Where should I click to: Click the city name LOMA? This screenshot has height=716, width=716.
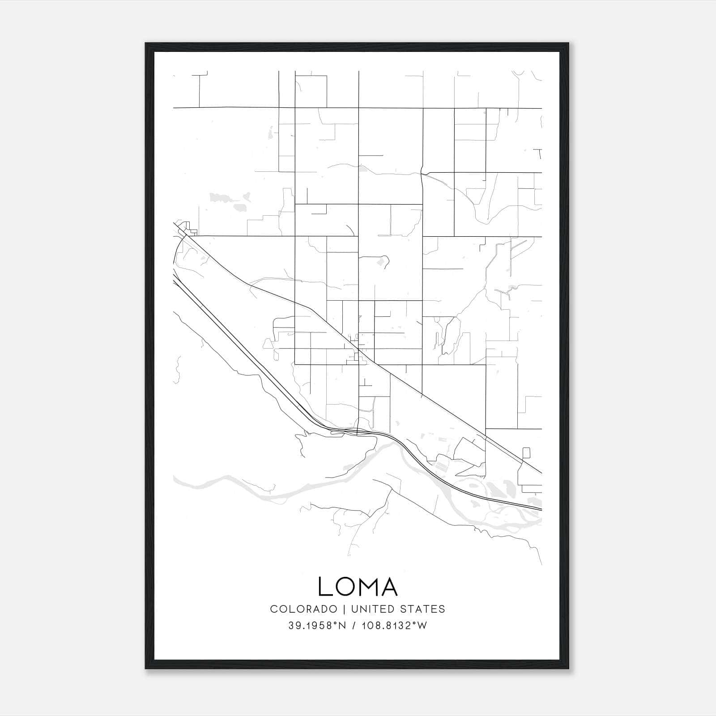pyautogui.click(x=358, y=586)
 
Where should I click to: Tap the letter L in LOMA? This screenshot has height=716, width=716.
pyautogui.click(x=325, y=586)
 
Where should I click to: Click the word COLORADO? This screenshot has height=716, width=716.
pyautogui.click(x=303, y=609)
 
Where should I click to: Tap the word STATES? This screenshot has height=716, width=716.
pyautogui.click(x=423, y=609)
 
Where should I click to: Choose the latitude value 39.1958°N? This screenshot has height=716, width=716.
pyautogui.click(x=317, y=626)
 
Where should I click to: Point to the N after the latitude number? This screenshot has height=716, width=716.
pyautogui.click(x=343, y=626)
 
